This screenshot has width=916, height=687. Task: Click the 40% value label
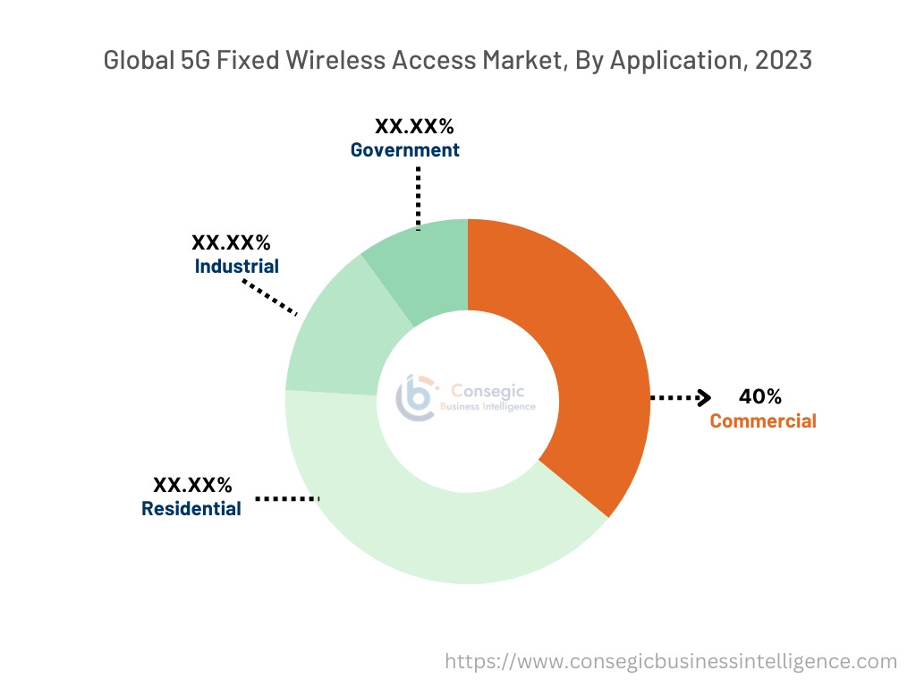click(760, 396)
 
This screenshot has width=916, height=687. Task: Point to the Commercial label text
click(763, 420)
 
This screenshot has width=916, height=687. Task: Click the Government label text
click(404, 149)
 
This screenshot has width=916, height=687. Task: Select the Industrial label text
click(236, 266)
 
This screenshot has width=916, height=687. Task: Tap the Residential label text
click(191, 508)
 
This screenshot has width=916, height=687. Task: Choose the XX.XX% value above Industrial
click(232, 242)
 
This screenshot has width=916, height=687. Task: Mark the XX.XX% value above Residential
click(192, 485)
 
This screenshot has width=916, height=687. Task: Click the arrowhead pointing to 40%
click(704, 398)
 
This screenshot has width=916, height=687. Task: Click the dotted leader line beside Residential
click(287, 497)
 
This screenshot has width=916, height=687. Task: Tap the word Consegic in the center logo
click(488, 391)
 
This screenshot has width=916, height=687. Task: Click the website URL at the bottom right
click(671, 661)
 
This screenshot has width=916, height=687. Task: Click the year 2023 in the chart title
click(785, 60)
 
